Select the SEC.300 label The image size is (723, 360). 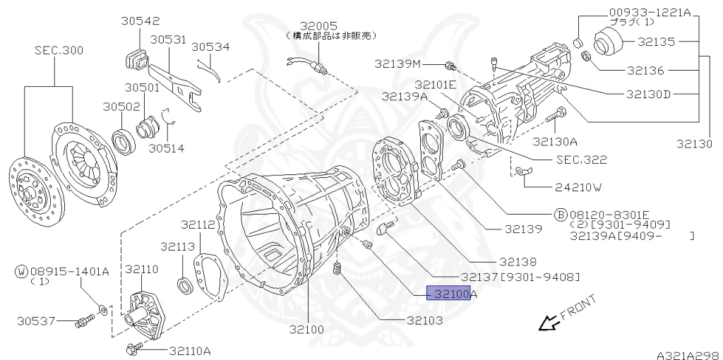[x=59, y=51]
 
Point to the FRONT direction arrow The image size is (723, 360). [x=547, y=323]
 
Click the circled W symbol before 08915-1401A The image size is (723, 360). [x=21, y=271]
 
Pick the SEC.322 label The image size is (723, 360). [x=581, y=160]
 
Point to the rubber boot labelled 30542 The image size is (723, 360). [x=136, y=59]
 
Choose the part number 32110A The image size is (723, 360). [x=189, y=350]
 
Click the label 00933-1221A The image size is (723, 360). [x=650, y=13]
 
